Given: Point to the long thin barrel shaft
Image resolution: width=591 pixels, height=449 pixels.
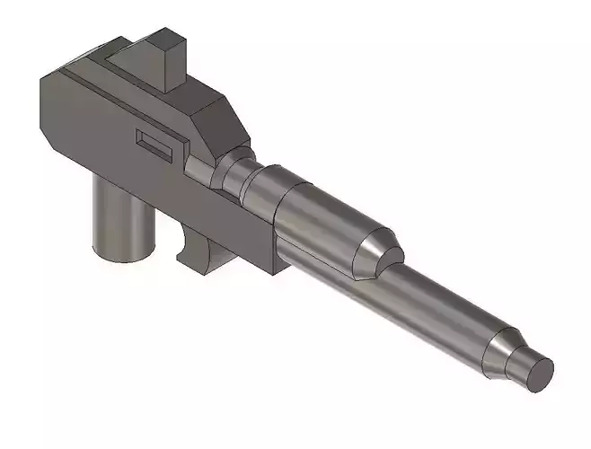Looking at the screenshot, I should (x=440, y=302).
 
